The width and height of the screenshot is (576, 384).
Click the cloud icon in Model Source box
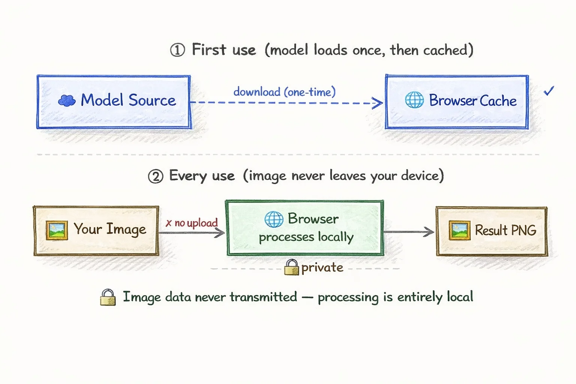coord(67,100)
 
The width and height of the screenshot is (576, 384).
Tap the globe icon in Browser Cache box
coord(414,100)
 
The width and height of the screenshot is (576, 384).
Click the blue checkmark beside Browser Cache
coord(549,91)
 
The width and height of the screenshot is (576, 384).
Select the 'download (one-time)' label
coord(284,92)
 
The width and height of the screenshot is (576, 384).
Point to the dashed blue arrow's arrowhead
coord(378,103)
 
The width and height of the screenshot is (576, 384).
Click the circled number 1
coord(177,50)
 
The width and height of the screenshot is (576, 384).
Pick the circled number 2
coord(156,176)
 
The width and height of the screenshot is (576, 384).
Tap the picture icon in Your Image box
coord(57,230)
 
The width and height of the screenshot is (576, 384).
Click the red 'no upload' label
coord(192,223)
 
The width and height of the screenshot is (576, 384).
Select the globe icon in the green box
coord(274,219)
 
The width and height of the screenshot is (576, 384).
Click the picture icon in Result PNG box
coord(459,230)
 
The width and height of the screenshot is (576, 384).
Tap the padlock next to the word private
coord(291,267)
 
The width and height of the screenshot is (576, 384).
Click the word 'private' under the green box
coord(322,268)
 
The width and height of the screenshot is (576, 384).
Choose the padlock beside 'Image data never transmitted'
coord(108,297)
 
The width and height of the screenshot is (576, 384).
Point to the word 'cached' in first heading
coord(445,50)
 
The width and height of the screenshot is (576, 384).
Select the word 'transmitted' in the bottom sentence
coord(263,297)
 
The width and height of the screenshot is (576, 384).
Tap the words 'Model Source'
coord(128,100)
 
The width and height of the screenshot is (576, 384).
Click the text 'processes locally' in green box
coord(306,237)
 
